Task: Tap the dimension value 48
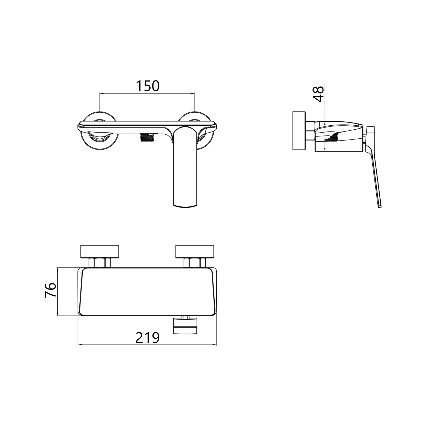(x=318, y=94)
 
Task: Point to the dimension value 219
(x=147, y=338)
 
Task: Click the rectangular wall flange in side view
(x=299, y=130)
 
